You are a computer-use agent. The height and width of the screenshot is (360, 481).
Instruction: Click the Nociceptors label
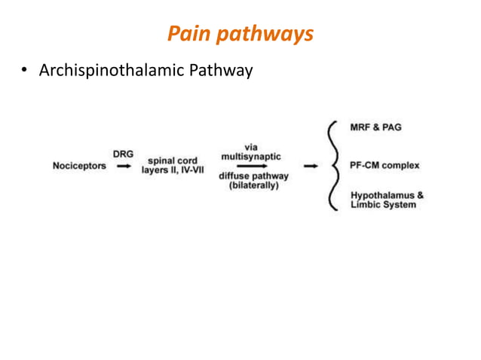click(x=79, y=166)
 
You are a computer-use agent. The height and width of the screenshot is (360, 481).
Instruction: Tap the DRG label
click(x=122, y=154)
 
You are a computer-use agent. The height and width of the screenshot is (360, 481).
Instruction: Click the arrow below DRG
click(x=122, y=166)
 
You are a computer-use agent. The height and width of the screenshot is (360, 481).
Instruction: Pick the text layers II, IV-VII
click(x=172, y=171)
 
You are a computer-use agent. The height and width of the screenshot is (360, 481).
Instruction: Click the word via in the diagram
click(x=252, y=146)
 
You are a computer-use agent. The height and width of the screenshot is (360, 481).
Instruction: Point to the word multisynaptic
click(x=252, y=156)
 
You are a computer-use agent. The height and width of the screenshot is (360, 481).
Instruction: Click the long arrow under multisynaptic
click(x=252, y=166)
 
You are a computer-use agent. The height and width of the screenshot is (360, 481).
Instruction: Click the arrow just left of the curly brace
click(x=310, y=166)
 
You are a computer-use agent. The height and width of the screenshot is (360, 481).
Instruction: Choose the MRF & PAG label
click(x=376, y=127)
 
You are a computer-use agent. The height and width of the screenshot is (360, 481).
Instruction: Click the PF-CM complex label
click(x=384, y=165)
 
